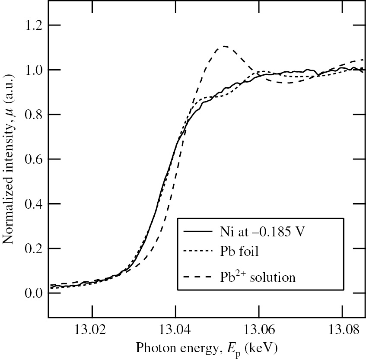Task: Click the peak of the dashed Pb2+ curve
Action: click(x=225, y=46)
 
